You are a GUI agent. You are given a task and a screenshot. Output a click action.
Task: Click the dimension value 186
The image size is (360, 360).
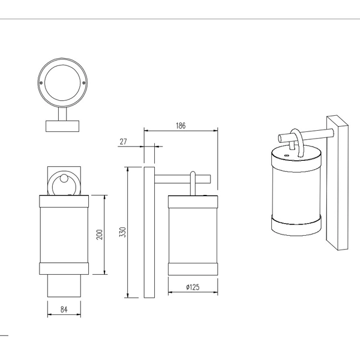point(181,126)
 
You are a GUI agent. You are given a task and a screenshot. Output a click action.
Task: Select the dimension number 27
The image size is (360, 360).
point(124,142)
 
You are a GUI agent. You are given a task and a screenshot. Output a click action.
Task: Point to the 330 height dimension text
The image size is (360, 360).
point(122,233)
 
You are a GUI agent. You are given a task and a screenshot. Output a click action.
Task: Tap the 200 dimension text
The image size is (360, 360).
point(100,234)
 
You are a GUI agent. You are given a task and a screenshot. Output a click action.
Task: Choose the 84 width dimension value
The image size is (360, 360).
point(63,310)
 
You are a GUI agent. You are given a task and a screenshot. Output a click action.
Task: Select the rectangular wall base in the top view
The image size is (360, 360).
point(62,125)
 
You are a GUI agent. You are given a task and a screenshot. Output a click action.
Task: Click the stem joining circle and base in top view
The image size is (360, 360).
point(62,113)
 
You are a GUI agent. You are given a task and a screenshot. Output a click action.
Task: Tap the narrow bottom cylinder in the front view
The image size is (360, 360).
point(63,286)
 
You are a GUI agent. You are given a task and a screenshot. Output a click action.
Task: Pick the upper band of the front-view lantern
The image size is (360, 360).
point(63,201)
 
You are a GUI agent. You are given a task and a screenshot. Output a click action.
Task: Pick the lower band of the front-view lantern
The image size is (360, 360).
point(63,269)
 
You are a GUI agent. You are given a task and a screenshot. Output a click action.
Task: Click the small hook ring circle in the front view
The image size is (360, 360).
point(63,184)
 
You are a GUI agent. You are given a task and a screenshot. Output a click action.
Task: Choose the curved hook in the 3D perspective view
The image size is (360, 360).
point(296,141)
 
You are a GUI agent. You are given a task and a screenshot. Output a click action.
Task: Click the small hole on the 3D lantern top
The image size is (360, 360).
point(286,155)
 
